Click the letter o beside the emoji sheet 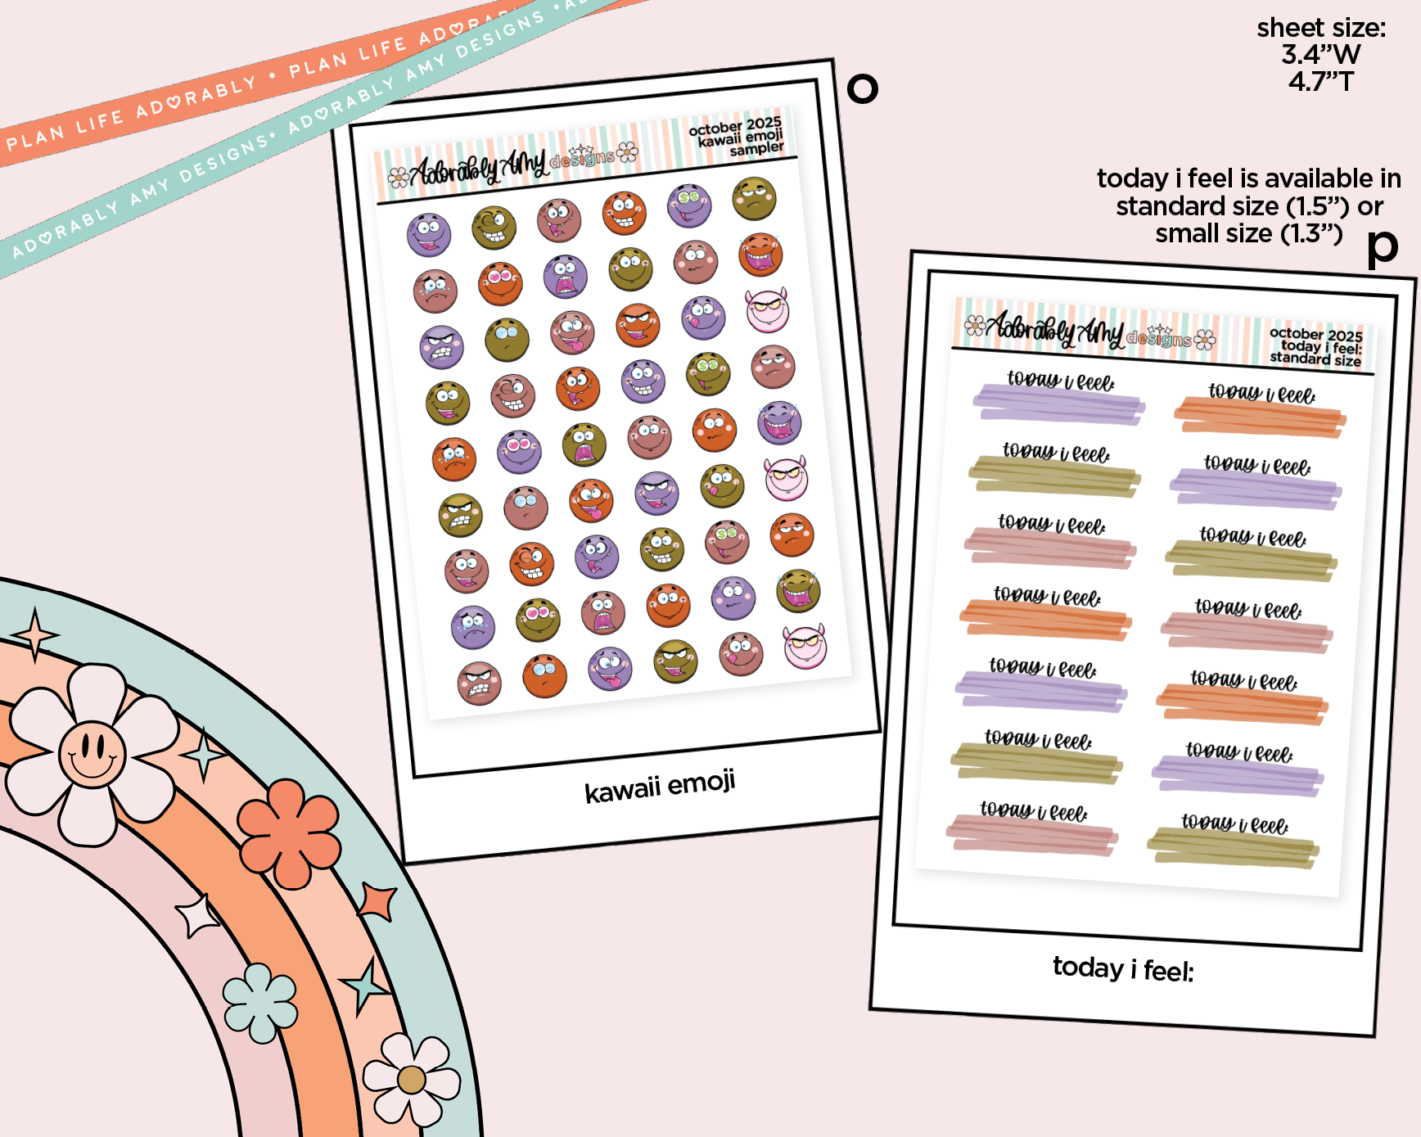(x=862, y=88)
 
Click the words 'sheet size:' (x=1321, y=28)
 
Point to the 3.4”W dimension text (x=1320, y=55)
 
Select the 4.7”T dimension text (x=1320, y=82)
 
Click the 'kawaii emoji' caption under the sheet (x=660, y=787)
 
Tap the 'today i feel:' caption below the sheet (x=1123, y=969)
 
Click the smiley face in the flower (x=92, y=752)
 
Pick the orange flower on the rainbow (x=289, y=832)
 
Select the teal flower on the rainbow (x=260, y=1003)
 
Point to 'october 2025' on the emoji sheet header (x=734, y=126)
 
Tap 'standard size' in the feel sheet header (x=1315, y=359)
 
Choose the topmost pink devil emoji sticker (x=767, y=311)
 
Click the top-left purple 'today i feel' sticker (x=1058, y=399)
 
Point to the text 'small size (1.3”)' (x=1248, y=234)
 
